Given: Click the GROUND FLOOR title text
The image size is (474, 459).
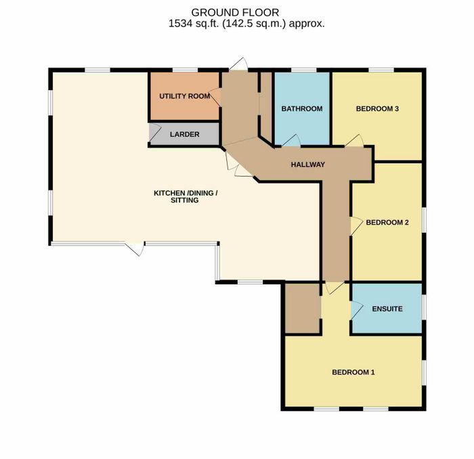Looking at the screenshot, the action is point(235,13).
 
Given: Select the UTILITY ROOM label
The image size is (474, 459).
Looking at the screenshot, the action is point(185,96).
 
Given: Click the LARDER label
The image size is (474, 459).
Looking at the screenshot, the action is point(184,135).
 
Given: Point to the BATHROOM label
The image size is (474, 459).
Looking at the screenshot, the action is point(302,109).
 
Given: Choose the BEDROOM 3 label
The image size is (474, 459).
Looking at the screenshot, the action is point(377,109).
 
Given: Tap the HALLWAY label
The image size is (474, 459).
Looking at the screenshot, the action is point(307,165).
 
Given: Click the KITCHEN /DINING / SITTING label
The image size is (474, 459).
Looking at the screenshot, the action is point(186,197).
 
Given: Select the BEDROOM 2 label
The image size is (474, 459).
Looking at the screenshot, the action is point(387,223).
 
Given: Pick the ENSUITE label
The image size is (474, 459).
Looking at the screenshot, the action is point(387,309).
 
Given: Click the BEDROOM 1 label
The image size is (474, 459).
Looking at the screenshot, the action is point(353,372).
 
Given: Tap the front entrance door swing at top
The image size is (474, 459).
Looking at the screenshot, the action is point(238,64).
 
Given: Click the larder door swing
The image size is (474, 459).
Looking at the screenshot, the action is point(155,133).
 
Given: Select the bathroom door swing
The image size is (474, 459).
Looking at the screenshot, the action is point(290,141).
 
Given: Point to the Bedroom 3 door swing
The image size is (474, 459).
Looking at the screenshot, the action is point(354,141).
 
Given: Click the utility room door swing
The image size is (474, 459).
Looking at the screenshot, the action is point(215,97).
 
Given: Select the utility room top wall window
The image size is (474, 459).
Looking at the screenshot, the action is point(185,70).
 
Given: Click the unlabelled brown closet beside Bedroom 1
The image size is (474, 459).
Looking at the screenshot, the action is point(303,309).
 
